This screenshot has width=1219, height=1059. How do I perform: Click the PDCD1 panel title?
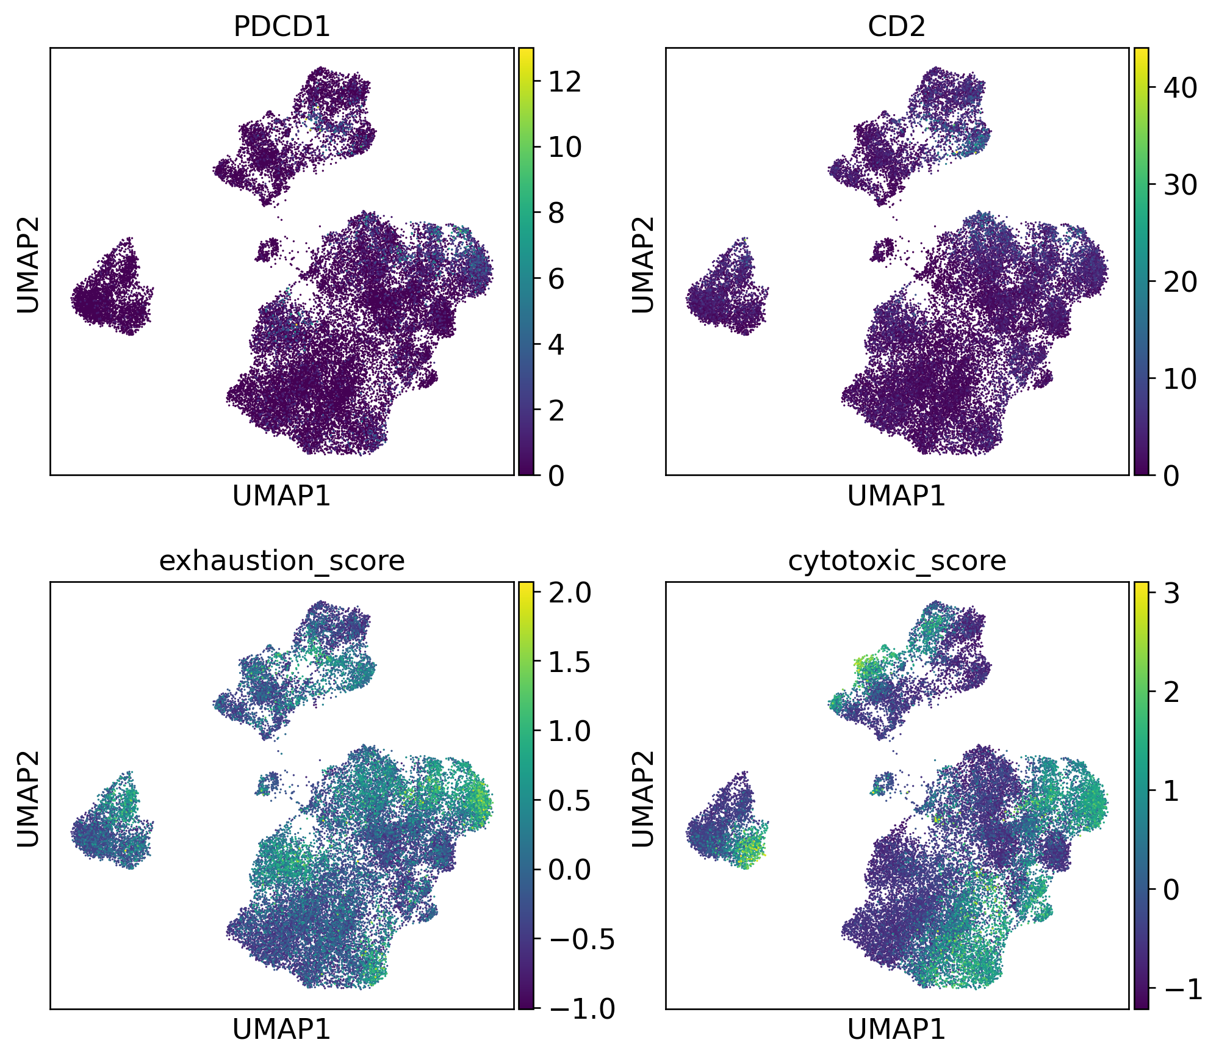281,26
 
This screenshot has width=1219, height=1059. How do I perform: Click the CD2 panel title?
896,26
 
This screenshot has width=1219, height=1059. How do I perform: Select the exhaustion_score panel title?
281,560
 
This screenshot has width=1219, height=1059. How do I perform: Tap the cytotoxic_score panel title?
896,560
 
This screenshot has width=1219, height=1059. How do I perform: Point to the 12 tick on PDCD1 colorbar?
564,81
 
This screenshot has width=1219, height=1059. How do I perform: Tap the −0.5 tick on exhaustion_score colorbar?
580,939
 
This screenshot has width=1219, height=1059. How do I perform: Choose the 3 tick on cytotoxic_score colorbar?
1171,593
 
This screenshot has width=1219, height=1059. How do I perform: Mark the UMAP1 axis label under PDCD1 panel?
281,496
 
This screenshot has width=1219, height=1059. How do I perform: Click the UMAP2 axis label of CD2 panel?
642,264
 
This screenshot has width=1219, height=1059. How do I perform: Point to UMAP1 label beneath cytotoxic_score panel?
896,1030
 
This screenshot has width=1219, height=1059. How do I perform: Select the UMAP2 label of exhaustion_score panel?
27,798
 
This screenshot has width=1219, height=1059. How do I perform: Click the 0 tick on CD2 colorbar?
1171,475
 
